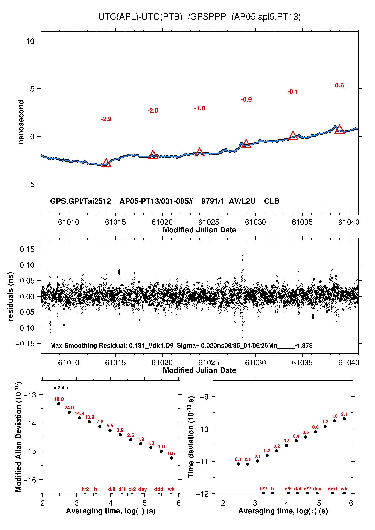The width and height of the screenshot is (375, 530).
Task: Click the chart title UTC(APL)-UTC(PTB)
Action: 140,17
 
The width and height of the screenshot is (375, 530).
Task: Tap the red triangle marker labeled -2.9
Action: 106,163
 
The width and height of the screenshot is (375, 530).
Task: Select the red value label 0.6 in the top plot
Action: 339,85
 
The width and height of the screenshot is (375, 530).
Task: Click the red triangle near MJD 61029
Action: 246,144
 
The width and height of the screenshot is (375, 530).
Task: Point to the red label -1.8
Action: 199,108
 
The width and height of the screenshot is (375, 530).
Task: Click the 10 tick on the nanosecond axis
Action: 30,41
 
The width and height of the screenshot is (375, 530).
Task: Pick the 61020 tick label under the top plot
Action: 162,222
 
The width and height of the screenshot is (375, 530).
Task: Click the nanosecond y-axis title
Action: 21,122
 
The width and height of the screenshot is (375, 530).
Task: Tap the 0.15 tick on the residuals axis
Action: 27,249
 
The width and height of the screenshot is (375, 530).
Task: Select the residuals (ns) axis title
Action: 11,297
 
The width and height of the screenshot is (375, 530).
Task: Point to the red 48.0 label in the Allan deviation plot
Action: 59,399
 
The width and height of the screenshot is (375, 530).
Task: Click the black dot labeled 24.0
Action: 69,412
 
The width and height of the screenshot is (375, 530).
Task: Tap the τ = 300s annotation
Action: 59,388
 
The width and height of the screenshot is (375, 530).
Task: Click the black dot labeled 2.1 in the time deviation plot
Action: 344,419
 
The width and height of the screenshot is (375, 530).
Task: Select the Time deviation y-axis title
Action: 191,437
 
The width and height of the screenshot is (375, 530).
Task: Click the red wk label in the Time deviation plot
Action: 344,489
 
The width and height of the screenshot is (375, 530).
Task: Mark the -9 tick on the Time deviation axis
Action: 204,397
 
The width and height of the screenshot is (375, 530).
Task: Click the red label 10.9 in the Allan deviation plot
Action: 89,417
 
